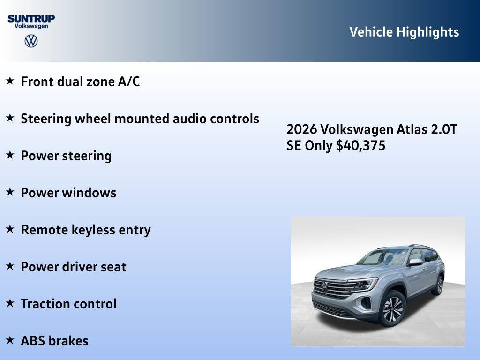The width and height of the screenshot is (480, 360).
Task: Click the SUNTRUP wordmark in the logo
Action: click(31, 18)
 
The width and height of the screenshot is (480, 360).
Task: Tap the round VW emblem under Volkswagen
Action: click(31, 41)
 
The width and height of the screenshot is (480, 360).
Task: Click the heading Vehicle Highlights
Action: click(404, 32)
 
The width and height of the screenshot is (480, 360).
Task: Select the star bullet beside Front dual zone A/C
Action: click(10, 81)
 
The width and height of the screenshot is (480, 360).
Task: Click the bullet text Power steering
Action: click(66, 156)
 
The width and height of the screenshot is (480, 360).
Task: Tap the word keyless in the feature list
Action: click(93, 230)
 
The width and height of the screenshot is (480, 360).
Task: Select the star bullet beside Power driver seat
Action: click(10, 266)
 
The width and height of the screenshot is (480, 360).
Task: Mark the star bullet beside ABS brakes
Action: click(10, 340)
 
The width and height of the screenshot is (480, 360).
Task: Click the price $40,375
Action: click(360, 146)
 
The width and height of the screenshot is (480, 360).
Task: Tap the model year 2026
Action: click(302, 129)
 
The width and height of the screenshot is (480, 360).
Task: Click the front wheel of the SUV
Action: click(392, 308)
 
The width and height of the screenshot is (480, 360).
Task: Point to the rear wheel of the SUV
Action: click(439, 285)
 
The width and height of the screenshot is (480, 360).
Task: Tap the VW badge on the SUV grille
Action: click(324, 285)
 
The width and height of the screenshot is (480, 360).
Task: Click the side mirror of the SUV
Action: click(415, 262)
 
